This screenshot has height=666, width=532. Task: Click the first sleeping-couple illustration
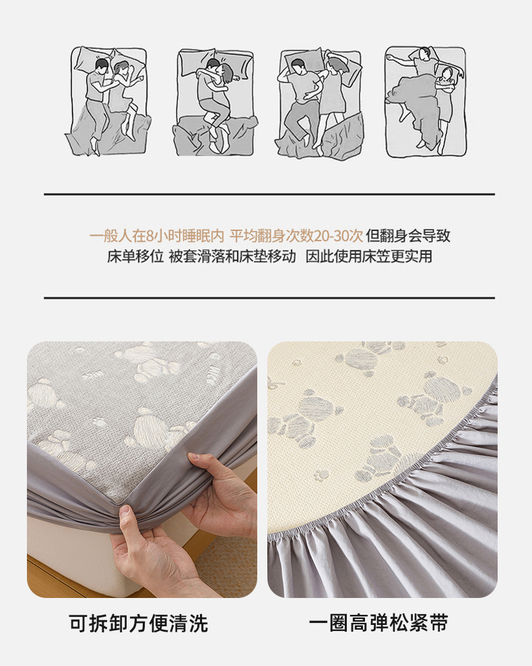tap(108, 101)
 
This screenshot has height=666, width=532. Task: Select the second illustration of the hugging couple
tap(215, 102)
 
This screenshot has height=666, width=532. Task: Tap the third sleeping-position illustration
tap(320, 102)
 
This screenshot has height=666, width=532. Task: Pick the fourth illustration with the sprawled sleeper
tap(425, 101)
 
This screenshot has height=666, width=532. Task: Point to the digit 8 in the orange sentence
tap(150, 235)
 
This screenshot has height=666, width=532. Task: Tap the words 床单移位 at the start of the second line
tap(135, 257)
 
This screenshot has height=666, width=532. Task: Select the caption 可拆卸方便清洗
tap(139, 623)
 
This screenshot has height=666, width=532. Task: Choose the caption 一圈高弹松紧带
tap(378, 623)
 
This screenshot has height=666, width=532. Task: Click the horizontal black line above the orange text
tap(269, 195)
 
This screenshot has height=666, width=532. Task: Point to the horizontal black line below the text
tap(269, 298)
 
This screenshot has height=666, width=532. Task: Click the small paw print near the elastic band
tap(321, 474)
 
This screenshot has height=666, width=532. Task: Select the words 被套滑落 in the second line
tap(197, 257)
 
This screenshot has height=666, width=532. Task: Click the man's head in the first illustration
tap(101, 66)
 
